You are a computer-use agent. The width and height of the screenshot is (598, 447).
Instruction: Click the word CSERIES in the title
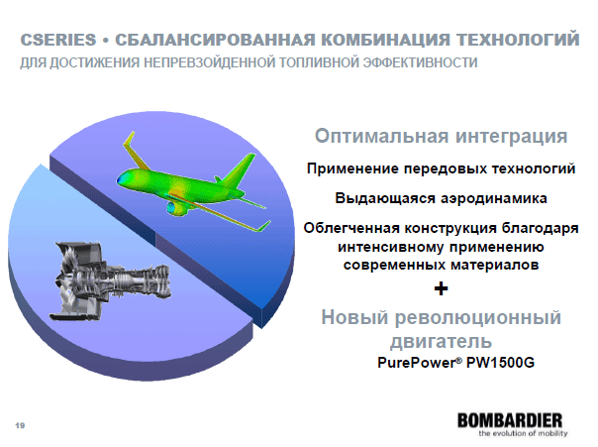point(58,40)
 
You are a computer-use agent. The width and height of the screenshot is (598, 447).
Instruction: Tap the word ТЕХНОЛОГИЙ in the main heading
point(518,40)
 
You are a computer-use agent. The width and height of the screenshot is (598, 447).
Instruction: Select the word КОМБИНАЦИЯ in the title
point(385,40)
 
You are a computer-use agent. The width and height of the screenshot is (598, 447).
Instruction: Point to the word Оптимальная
point(382,136)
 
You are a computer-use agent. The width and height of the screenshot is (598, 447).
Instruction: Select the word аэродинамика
point(494,198)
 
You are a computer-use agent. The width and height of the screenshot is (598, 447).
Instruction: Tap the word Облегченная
point(351,228)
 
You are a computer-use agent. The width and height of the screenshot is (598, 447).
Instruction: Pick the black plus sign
point(441,288)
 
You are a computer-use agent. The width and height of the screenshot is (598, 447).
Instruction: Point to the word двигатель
point(441,341)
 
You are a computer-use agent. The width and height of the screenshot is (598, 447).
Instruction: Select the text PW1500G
point(500,362)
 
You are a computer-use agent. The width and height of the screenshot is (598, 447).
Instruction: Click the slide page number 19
point(20,425)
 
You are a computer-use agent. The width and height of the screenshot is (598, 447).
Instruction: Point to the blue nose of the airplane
point(122,179)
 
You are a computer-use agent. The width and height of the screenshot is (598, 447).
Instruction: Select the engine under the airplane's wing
point(176,207)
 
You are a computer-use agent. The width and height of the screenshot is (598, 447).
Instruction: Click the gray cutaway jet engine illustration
point(110,279)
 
